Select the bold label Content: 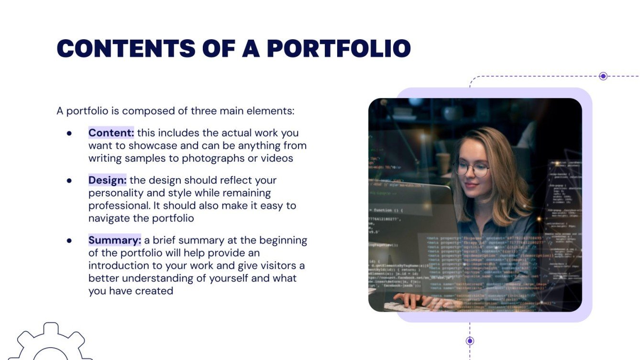111,133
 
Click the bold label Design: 107,180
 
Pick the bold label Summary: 114,240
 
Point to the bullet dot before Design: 69,181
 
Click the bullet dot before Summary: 69,240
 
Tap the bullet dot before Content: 69,133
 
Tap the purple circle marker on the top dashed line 603,76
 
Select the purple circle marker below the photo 470,341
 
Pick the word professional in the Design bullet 117,206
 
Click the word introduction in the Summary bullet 120,265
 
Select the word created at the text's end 154,290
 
